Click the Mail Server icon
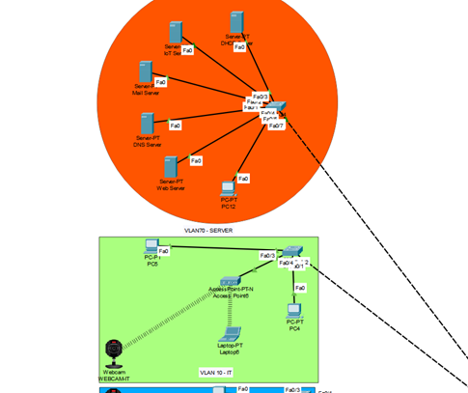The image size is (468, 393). (145, 72)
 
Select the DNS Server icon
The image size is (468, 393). (148, 125)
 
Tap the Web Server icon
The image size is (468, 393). (170, 166)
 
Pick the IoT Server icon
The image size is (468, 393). (175, 32)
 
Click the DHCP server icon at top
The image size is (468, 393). (237, 22)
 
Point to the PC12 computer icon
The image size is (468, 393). (229, 186)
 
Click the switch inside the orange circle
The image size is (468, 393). (278, 107)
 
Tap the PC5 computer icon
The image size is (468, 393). (151, 245)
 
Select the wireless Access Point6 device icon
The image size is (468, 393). (230, 280)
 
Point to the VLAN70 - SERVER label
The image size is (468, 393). (208, 231)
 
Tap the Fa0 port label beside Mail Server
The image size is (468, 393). (160, 83)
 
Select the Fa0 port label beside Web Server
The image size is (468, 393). (196, 161)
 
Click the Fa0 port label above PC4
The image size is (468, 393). (300, 288)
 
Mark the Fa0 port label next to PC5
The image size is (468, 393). (164, 251)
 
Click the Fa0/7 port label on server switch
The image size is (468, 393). (275, 126)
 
